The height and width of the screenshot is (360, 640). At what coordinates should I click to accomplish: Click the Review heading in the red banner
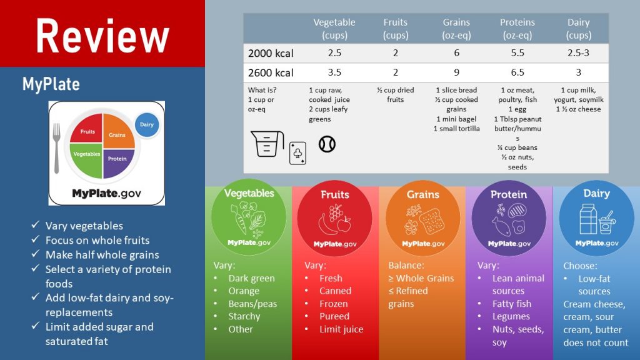[102, 35]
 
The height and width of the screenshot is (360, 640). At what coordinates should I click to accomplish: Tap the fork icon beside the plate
[56, 147]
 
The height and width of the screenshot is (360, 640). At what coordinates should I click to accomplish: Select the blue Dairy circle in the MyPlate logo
[146, 124]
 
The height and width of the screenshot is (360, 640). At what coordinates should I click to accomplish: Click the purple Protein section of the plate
[117, 158]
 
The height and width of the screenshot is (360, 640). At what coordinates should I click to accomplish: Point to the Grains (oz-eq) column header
[456, 29]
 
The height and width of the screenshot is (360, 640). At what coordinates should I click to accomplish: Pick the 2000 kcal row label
[271, 53]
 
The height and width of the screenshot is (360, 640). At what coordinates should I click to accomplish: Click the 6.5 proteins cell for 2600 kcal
[517, 72]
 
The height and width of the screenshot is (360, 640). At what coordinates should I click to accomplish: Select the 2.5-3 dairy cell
[579, 53]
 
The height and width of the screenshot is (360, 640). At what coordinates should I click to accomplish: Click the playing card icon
[297, 153]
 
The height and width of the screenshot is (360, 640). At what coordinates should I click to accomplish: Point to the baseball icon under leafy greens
[327, 144]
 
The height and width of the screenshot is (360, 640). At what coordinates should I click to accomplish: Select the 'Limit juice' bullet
[341, 329]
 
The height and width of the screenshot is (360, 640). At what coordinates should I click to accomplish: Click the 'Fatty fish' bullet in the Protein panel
[511, 304]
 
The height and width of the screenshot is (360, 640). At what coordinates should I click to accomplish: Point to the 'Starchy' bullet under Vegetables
[244, 316]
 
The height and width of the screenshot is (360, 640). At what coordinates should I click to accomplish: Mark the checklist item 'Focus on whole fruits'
[97, 240]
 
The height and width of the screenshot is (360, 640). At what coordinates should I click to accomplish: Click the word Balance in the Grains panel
[407, 265]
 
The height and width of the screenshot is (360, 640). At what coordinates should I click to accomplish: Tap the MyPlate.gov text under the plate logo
[106, 193]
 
